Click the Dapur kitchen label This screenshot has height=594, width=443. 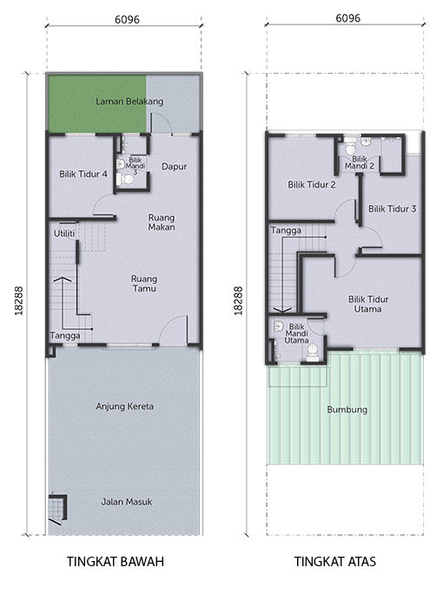(175, 167)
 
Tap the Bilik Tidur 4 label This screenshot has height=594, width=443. (83, 175)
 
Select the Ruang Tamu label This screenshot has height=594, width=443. (144, 283)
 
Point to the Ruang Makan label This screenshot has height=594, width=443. (162, 222)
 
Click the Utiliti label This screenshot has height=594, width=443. (64, 234)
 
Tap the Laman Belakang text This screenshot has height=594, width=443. (129, 102)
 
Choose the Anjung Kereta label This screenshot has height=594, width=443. (125, 406)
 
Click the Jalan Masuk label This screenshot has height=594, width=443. (127, 502)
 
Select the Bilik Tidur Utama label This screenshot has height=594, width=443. (368, 304)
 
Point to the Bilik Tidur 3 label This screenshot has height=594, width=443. (393, 208)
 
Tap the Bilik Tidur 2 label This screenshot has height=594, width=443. (312, 185)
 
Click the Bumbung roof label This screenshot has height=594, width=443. (347, 410)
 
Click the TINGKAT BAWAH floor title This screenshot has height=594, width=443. (116, 561)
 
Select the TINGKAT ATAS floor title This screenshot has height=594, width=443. (335, 561)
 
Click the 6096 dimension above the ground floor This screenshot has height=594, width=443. (128, 19)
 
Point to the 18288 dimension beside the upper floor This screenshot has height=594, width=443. (238, 300)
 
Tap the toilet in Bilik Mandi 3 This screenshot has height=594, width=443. (126, 180)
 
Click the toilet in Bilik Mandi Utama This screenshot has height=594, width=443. (313, 355)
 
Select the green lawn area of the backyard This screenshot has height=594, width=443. (96, 104)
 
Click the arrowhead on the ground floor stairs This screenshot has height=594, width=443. (64, 280)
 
